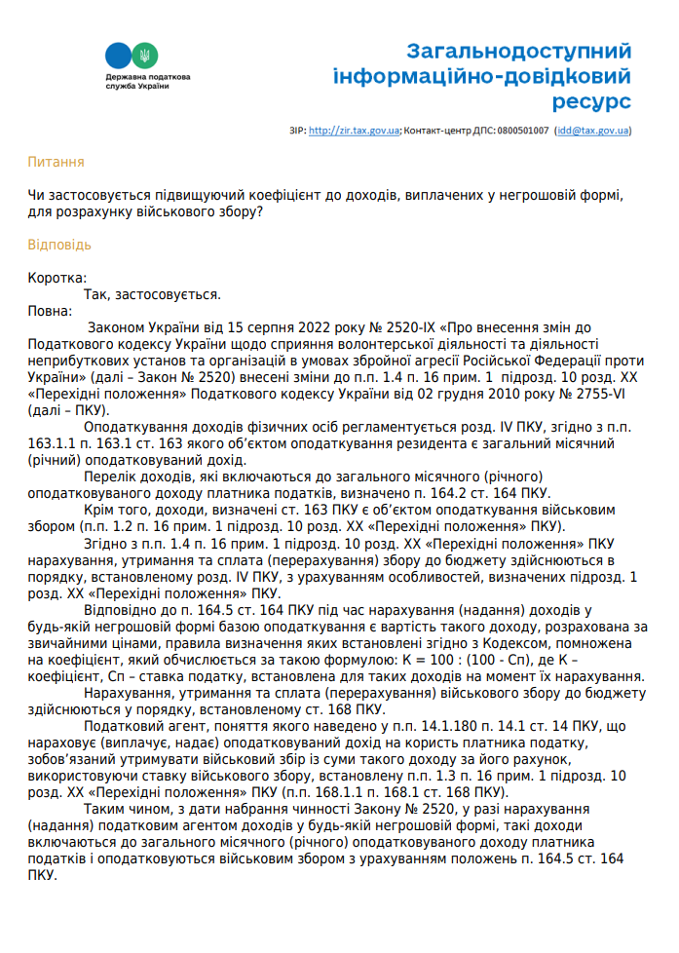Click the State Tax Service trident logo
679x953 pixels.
pos(130,55)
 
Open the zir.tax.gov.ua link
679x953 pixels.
pos(354,130)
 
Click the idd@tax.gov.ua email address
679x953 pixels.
pos(593,130)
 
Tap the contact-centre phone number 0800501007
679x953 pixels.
pos(522,130)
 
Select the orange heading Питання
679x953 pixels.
pos(56,162)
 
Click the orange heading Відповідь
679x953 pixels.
pos(59,244)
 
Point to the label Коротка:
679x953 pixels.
pos(57,278)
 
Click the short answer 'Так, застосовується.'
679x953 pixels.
pos(152,293)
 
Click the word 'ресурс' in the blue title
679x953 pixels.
pos(591,101)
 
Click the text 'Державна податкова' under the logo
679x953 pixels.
pos(148,77)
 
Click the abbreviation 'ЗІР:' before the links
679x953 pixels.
pos(297,130)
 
